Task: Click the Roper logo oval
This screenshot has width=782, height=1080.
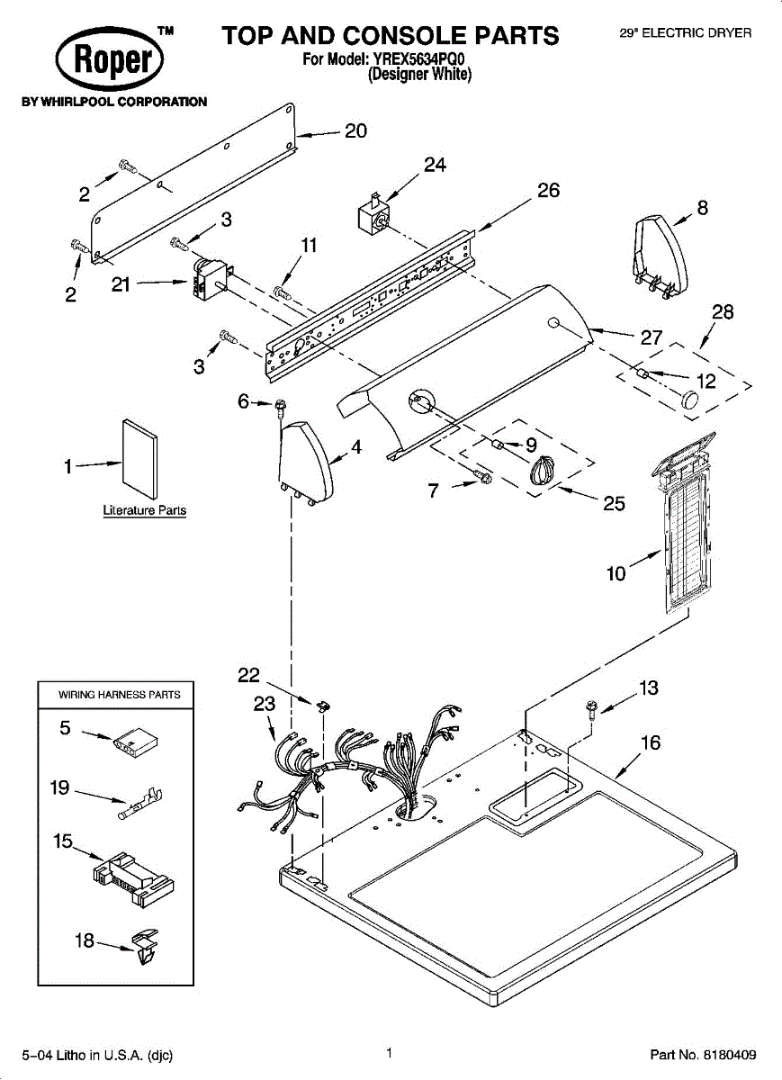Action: pyautogui.click(x=110, y=60)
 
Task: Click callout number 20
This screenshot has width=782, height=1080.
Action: pyautogui.click(x=355, y=131)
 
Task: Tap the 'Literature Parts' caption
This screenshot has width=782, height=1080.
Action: pyautogui.click(x=145, y=510)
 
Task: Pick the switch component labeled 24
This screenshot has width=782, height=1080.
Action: pyautogui.click(x=373, y=217)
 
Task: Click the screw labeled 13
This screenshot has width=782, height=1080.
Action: pyautogui.click(x=591, y=710)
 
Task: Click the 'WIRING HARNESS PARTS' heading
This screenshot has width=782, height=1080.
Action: pyautogui.click(x=119, y=695)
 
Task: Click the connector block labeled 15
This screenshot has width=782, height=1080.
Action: pyautogui.click(x=133, y=876)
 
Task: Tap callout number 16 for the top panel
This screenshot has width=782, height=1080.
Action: pyautogui.click(x=650, y=742)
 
